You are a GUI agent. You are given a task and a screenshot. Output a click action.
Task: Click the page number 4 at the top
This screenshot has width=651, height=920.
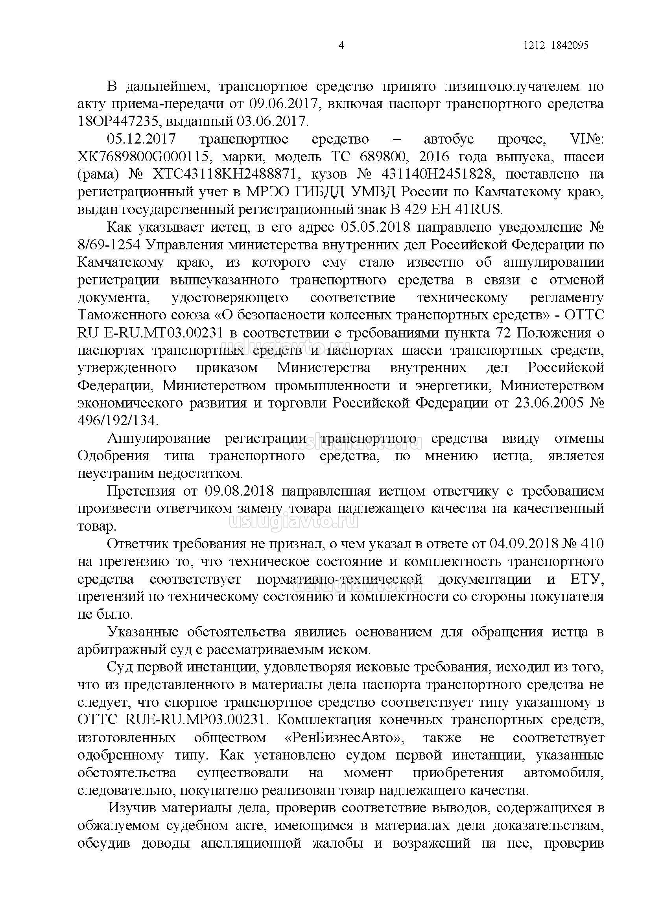(x=341, y=46)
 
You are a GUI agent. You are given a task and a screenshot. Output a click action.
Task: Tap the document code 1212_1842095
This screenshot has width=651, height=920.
(x=555, y=46)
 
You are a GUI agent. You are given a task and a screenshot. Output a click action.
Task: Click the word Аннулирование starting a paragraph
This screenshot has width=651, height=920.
(x=159, y=439)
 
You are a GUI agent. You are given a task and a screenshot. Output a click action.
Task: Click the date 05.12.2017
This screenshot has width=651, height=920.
(x=142, y=139)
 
